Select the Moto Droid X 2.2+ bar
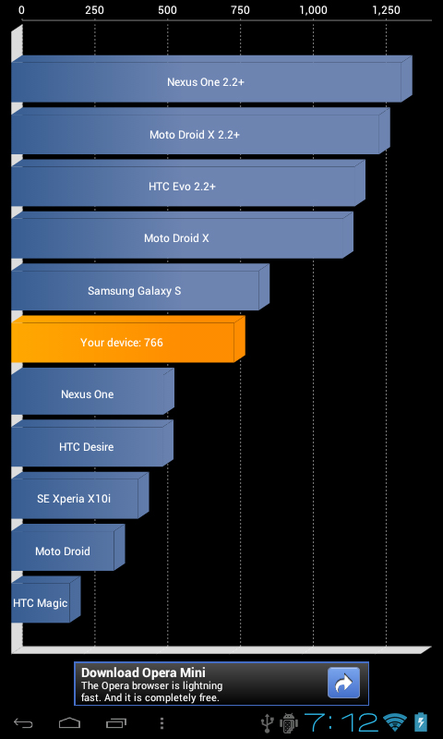[200, 131]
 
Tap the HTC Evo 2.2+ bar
[188, 183]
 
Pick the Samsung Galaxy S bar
[140, 287]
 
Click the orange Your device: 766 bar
[128, 339]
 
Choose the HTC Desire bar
[92, 443]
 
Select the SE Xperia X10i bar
[80, 495]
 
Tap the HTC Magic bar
[45, 600]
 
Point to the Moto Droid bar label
[63, 551]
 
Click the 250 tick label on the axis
[95, 10]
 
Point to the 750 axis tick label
[240, 10]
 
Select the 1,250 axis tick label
[386, 10]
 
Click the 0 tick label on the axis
[21, 10]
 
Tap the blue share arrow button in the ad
[343, 683]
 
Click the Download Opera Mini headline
[143, 672]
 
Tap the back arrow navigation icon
[22, 722]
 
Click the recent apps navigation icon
[116, 722]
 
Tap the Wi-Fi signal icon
[394, 722]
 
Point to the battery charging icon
[421, 722]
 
